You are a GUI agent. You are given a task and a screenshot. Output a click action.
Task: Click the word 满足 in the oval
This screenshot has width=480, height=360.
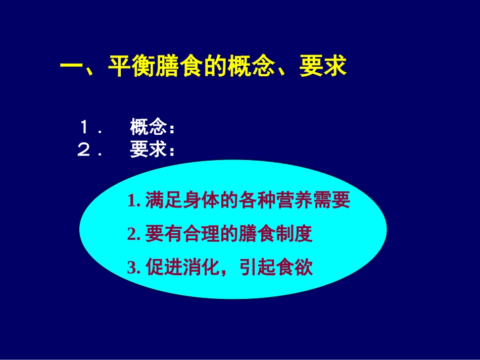point(162,201)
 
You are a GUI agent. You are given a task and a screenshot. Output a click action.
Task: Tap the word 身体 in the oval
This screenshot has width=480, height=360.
point(195,201)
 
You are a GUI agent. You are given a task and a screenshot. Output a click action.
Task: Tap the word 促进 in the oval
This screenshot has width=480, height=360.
point(162,267)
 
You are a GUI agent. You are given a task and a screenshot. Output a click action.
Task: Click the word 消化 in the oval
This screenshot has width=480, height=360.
point(195,267)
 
